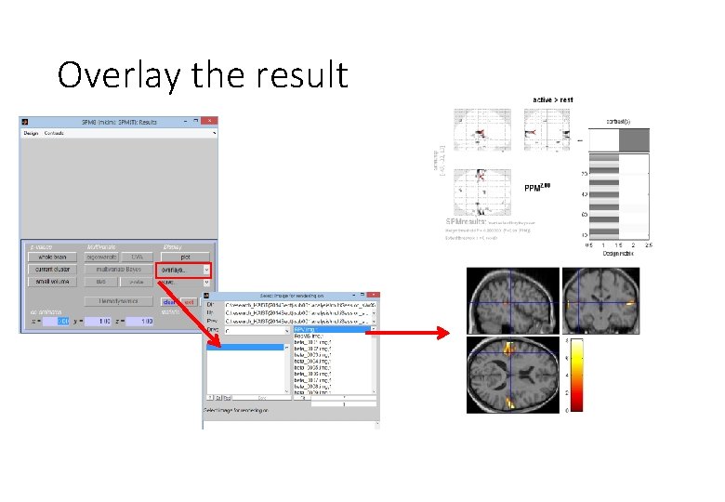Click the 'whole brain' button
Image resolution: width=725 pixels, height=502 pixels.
click(x=51, y=257)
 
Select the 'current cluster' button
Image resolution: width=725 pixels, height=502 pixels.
click(x=51, y=269)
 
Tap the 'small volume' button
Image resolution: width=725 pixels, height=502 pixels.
click(x=51, y=281)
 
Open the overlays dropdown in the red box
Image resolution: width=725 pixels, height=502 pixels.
click(x=184, y=269)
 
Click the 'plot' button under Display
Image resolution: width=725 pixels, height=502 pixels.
click(x=184, y=257)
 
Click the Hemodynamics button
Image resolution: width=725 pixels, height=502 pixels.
click(x=118, y=301)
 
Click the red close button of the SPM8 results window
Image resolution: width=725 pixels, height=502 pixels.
click(x=211, y=122)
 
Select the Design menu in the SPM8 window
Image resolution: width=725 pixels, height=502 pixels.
click(x=31, y=133)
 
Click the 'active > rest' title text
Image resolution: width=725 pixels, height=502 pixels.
click(x=552, y=99)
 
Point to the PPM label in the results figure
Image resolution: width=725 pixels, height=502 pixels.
click(x=537, y=188)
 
